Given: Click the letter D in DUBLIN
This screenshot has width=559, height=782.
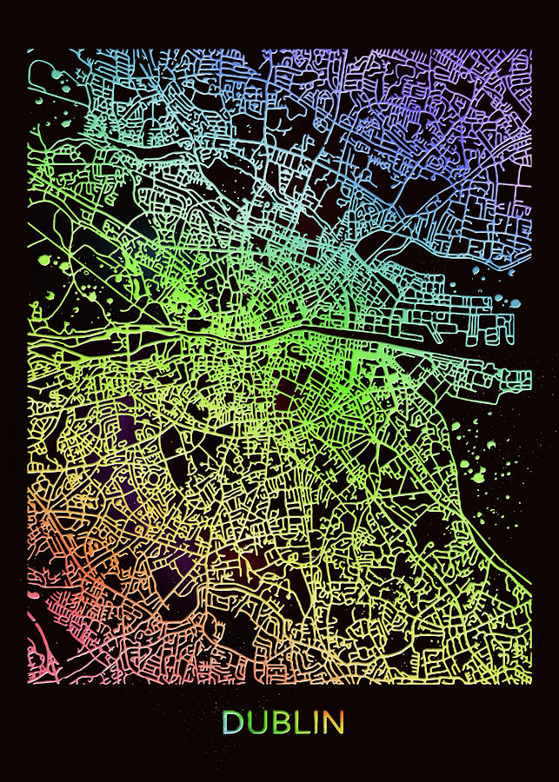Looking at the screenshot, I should click(232, 722).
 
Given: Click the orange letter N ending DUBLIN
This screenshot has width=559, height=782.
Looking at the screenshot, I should click(333, 722).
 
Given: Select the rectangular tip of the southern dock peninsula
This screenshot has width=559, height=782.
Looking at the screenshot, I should click(522, 379).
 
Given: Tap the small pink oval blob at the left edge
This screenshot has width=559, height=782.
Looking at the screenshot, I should click(34, 594).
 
